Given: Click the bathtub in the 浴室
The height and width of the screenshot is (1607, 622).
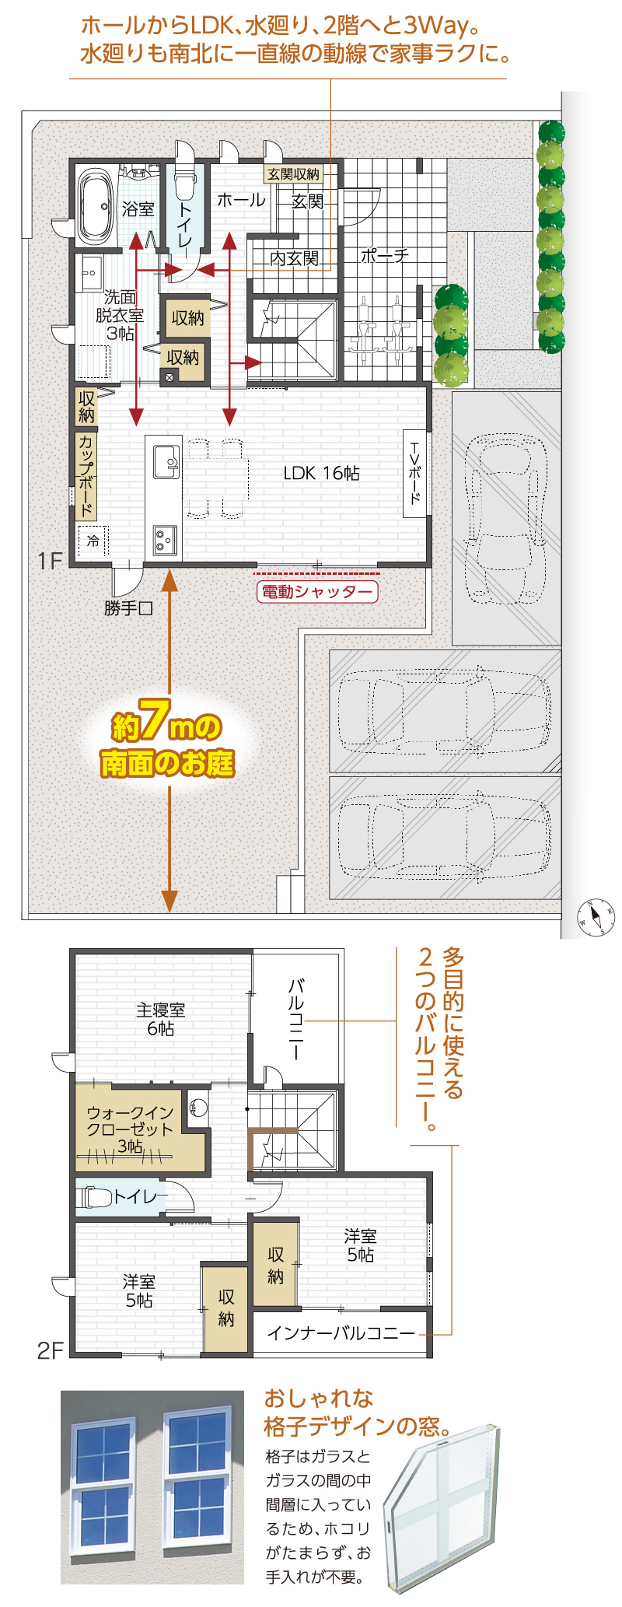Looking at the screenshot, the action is pyautogui.click(x=96, y=205).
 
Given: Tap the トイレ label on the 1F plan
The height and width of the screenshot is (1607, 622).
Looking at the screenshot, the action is pyautogui.click(x=185, y=224).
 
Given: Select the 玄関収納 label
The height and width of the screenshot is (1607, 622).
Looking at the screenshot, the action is pyautogui.click(x=293, y=173).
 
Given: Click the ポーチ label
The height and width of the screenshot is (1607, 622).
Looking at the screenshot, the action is pyautogui.click(x=384, y=256).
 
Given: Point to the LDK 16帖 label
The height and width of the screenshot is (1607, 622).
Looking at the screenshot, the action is pyautogui.click(x=321, y=473).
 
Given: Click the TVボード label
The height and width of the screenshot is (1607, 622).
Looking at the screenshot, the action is pyautogui.click(x=415, y=473).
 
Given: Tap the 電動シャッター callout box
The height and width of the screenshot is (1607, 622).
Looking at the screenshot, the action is pyautogui.click(x=316, y=592).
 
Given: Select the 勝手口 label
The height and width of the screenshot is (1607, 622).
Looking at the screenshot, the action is pyautogui.click(x=129, y=608).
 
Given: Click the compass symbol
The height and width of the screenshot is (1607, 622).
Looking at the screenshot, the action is pyautogui.click(x=596, y=917).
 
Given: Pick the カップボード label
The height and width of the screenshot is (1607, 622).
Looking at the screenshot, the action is pyautogui.click(x=86, y=475).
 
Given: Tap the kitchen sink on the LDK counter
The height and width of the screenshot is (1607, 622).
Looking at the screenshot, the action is pyautogui.click(x=166, y=461).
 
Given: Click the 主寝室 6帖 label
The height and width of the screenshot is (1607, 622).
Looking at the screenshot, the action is pyautogui.click(x=161, y=1019).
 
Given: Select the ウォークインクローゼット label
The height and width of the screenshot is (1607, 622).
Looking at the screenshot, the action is pyautogui.click(x=130, y=1129).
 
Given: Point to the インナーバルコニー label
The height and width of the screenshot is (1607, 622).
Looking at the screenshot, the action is pyautogui.click(x=341, y=1333).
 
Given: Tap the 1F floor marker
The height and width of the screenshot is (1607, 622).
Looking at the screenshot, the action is pyautogui.click(x=50, y=560).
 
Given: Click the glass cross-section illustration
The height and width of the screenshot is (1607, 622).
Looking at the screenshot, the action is pyautogui.click(x=441, y=1507).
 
